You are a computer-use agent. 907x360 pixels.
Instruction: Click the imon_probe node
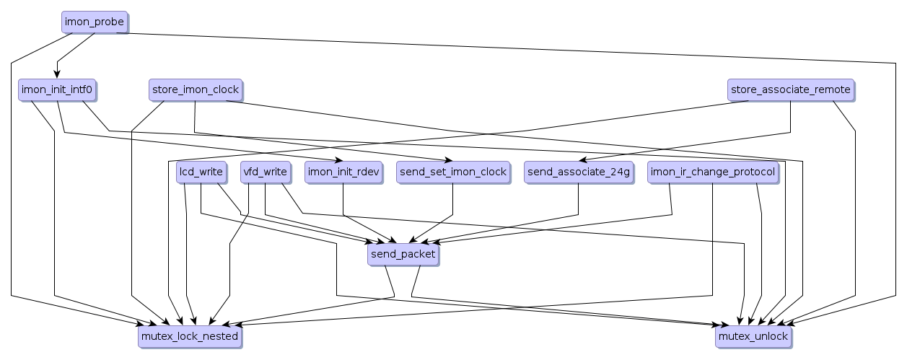[95, 22]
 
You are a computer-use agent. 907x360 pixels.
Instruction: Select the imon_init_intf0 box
[57, 90]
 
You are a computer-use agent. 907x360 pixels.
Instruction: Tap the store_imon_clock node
[195, 90]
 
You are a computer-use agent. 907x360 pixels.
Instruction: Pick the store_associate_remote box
[790, 90]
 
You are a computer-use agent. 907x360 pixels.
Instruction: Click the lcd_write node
[200, 172]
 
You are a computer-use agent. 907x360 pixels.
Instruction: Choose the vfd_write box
[266, 172]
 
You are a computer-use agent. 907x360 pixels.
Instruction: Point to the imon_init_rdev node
[343, 172]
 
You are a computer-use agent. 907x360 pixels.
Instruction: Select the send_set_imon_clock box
[452, 172]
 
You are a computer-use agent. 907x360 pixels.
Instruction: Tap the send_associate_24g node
[579, 172]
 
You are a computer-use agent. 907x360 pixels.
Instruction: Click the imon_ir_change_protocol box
[713, 172]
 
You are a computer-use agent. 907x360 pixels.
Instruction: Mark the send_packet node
[403, 255]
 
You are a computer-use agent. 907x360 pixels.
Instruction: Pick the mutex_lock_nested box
[188, 336]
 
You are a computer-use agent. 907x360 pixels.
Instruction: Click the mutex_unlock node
[753, 336]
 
